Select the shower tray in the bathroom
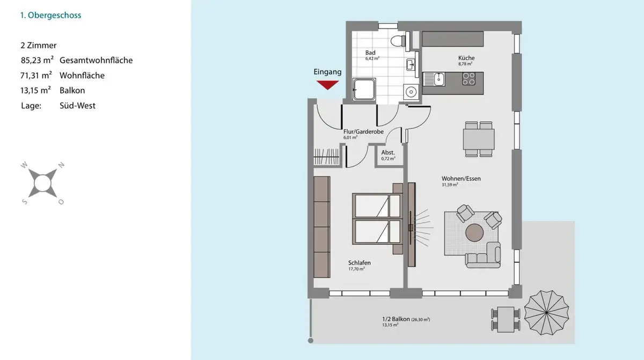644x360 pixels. [x=364, y=90]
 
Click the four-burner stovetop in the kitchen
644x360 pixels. [x=469, y=79]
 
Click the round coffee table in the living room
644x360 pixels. [x=474, y=233]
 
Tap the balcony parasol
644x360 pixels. [x=546, y=313]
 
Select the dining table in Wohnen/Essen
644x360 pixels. [x=479, y=139]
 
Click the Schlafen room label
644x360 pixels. [x=360, y=262]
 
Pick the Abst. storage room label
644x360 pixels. [x=388, y=152]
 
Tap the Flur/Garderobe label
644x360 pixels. [x=363, y=131]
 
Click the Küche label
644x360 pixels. [x=466, y=58]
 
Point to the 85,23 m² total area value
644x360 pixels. [x=37, y=60]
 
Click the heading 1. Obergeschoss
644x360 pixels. [x=50, y=15]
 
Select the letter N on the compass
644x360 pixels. [x=61, y=165]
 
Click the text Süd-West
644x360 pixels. [x=77, y=106]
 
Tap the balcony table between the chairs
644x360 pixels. [x=506, y=319]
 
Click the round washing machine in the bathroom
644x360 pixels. [x=411, y=92]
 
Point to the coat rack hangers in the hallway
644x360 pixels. [x=326, y=157]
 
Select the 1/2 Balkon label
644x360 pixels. [x=396, y=319]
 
